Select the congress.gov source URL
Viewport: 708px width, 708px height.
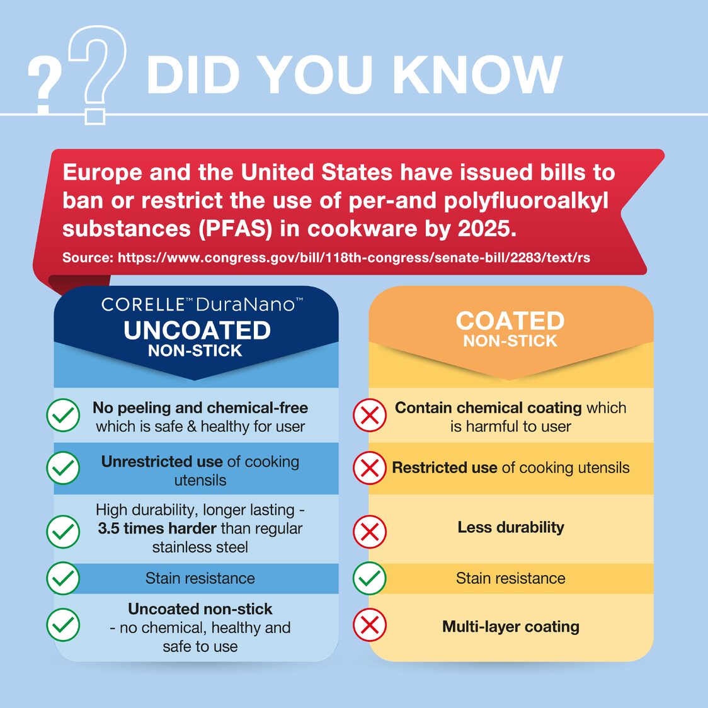pos(353,257)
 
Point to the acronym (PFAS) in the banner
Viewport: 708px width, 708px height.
pos(236,228)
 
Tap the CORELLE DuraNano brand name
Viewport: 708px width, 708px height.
pos(202,305)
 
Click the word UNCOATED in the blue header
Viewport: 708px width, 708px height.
pos(197,331)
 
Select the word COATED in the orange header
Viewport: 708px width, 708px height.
pos(510,321)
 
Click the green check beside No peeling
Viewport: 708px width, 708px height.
pos(63,416)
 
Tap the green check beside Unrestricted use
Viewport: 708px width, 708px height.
pos(63,469)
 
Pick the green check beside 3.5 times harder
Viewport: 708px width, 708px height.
pos(63,532)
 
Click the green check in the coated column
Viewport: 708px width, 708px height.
pos(370,578)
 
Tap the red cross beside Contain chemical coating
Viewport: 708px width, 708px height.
pos(370,416)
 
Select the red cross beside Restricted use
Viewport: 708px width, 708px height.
pos(370,469)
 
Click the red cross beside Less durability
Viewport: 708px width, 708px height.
pos(370,532)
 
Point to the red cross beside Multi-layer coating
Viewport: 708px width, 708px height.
pos(370,625)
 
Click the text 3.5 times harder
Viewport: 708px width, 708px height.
pos(157,528)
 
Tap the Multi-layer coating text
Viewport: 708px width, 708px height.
pos(510,627)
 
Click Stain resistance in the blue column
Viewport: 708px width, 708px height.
pos(200,578)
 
